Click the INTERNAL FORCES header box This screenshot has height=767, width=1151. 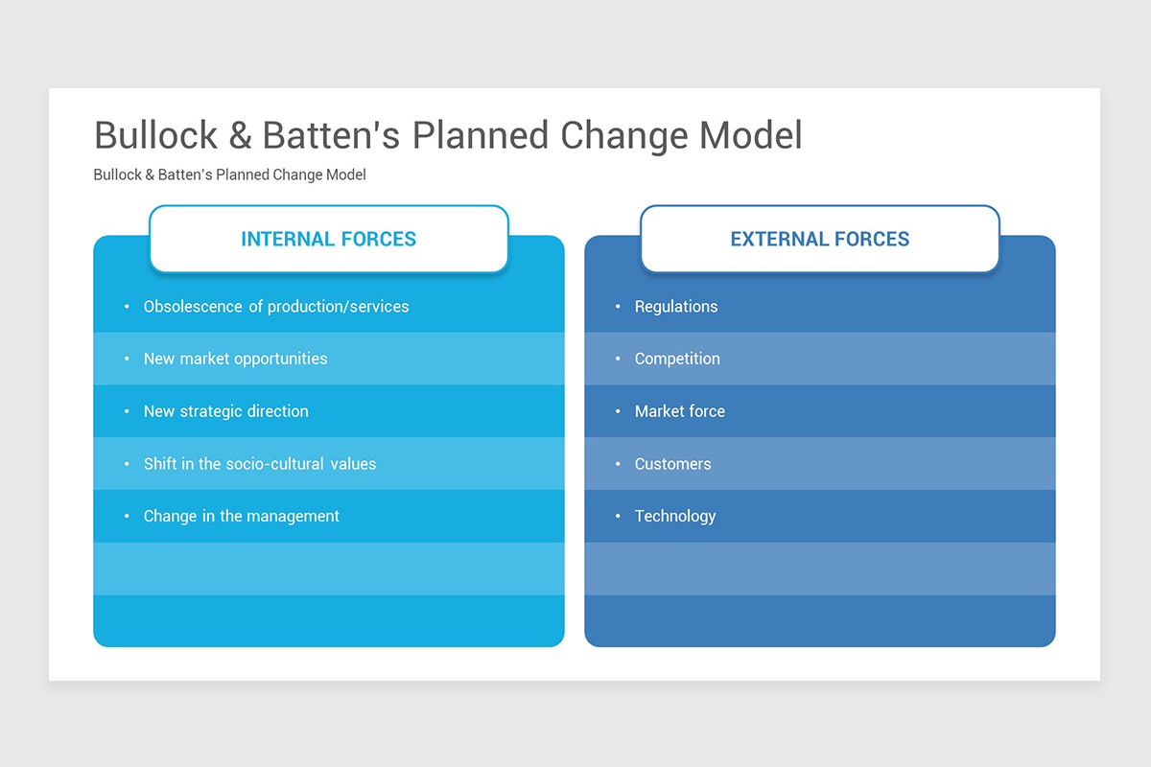coord(328,239)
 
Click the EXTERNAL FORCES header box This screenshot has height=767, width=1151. coord(819,239)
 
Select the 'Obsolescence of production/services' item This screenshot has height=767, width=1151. coord(276,307)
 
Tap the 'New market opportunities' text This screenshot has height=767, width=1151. coord(235,359)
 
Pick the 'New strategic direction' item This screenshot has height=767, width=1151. coord(225,411)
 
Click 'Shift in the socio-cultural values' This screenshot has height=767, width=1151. coord(259,464)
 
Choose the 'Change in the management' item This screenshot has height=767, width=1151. coord(241,516)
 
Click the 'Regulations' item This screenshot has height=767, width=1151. coord(675,307)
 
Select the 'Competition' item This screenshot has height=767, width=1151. coord(676,359)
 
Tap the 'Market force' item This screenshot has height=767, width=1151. coord(679,411)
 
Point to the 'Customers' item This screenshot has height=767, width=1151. coord(672,464)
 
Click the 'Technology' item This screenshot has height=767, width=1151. coord(674,516)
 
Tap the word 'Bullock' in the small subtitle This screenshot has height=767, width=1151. coord(117,174)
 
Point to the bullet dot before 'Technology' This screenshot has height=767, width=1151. coord(618,517)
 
